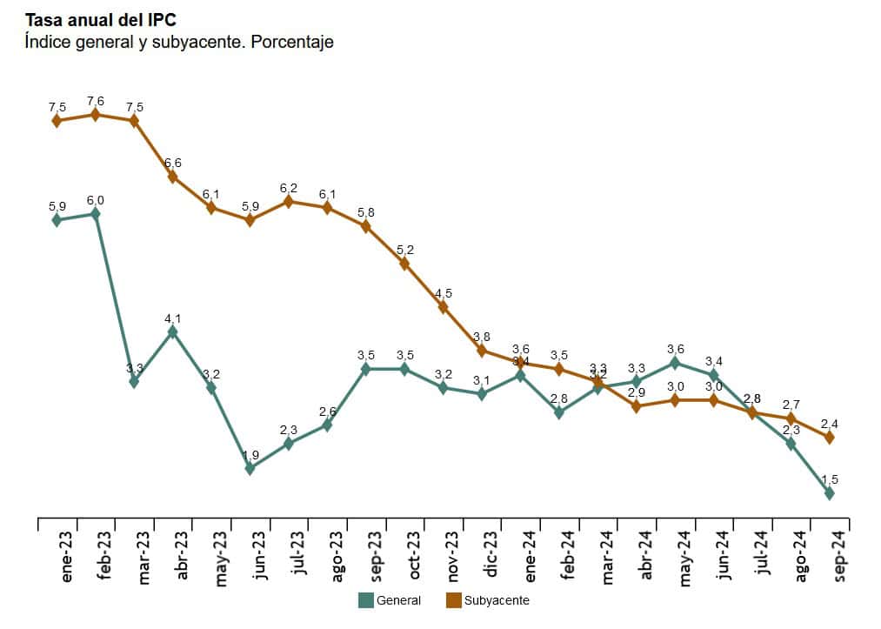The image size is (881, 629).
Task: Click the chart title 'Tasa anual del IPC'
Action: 100,20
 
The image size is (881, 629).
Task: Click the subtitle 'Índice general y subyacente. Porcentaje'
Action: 178,42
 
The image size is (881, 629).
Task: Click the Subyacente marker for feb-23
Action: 96,115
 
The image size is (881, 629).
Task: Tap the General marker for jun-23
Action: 250,468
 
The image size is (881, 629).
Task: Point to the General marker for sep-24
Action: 829,493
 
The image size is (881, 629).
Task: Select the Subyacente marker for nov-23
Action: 443,307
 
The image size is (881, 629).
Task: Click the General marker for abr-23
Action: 172,331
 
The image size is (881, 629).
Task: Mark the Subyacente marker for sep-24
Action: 829,438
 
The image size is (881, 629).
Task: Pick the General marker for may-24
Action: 675,363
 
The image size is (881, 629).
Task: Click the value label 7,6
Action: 96,101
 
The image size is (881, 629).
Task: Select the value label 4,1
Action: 172,318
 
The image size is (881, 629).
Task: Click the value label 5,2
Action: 404,250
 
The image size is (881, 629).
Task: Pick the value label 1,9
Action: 250,455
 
